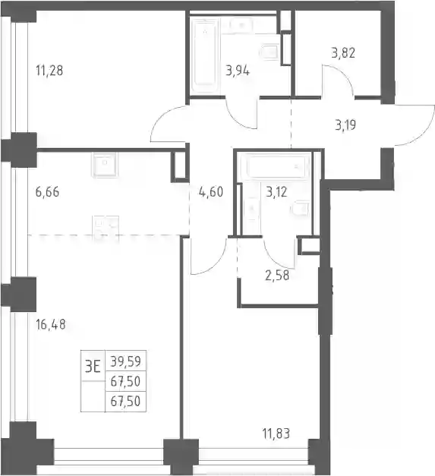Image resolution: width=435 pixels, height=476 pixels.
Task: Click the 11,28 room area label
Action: coord(49,71)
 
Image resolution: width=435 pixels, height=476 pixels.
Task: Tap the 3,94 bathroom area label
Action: coord(238,71)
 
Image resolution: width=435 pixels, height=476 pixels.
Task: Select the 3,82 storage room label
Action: coord(343,53)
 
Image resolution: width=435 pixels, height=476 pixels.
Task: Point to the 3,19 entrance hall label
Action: coord(345,125)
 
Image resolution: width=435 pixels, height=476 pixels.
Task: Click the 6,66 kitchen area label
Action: coord(47,192)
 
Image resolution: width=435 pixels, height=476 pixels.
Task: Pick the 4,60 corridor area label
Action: coord(211,192)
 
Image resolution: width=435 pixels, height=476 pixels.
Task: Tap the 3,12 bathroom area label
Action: coord(276,192)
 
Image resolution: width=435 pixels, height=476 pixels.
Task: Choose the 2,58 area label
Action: coord(277,276)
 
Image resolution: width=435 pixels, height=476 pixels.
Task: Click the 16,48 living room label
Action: coord(50,324)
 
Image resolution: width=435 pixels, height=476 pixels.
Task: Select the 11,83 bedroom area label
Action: coord(276,433)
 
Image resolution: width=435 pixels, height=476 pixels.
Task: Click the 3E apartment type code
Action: coord(93,367)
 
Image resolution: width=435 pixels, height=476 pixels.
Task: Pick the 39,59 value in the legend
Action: coord(125,361)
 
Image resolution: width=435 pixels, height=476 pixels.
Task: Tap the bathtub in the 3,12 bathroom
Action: coord(276,167)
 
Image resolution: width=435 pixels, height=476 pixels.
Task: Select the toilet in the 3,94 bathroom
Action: coord(270,52)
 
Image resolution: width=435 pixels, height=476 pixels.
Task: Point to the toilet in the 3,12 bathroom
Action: coord(300,209)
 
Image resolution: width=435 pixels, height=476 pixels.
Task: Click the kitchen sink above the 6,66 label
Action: coord(105,164)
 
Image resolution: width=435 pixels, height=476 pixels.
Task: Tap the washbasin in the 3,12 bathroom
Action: coord(251,209)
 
